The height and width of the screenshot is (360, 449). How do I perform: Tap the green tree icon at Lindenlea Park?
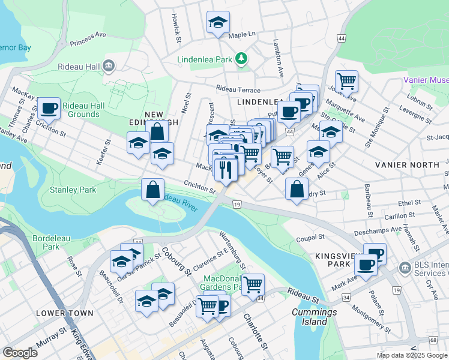[x=241, y=58]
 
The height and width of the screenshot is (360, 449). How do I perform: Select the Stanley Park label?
[x=72, y=190]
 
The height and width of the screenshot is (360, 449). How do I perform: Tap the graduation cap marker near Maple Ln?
[x=218, y=23]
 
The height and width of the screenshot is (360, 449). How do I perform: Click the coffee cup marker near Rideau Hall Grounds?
[x=49, y=109]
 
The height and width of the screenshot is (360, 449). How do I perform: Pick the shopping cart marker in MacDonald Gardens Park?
[x=253, y=284]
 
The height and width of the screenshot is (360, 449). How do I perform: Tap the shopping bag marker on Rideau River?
[x=153, y=190]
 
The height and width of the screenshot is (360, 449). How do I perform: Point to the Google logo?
[x=20, y=353]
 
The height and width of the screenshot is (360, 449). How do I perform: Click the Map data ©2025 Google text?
[x=412, y=355]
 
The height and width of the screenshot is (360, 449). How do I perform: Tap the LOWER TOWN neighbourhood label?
[x=64, y=313]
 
